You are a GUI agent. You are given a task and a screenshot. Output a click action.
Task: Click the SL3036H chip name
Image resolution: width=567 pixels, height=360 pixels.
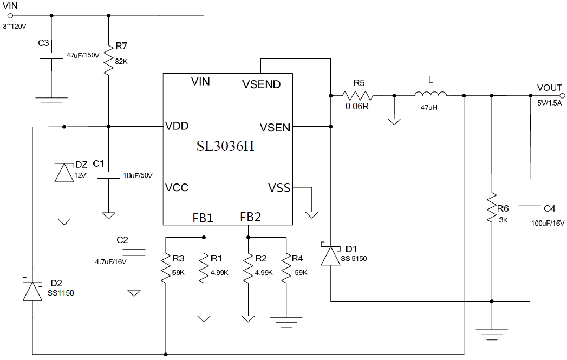[225, 146]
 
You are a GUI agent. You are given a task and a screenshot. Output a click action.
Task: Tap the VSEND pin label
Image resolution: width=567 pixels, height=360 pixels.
[262, 84]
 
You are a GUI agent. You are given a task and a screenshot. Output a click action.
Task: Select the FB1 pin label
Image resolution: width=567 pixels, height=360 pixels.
[203, 218]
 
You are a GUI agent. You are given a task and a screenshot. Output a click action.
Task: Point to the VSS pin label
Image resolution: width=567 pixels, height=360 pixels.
[279, 188]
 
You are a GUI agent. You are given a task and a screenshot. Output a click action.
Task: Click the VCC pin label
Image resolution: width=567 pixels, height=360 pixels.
[177, 187]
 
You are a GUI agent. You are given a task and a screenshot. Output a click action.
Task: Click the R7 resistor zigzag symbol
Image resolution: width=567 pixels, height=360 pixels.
[108, 60]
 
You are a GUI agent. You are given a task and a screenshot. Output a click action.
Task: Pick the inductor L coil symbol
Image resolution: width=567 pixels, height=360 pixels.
[431, 94]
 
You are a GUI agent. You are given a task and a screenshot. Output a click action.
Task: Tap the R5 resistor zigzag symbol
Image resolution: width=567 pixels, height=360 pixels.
[357, 95]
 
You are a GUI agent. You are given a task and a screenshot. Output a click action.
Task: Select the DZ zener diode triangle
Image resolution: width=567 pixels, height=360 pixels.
[64, 172]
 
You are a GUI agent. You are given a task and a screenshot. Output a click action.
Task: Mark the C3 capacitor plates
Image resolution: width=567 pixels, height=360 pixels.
[51, 55]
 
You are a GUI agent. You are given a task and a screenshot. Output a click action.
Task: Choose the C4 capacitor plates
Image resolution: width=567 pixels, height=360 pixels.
[530, 208]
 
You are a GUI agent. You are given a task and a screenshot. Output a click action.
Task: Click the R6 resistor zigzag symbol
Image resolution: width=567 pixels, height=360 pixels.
[491, 208]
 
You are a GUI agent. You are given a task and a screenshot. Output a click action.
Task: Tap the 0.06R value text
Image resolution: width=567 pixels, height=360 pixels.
[357, 107]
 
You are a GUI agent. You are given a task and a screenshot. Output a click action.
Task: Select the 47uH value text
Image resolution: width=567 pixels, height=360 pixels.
[429, 107]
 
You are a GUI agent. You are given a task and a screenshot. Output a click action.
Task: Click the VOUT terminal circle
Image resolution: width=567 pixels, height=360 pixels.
[562, 96]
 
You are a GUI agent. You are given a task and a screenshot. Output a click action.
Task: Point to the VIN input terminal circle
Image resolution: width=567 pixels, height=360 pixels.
[10, 16]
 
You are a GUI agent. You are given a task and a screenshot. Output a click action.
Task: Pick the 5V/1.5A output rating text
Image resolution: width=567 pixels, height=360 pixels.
[549, 103]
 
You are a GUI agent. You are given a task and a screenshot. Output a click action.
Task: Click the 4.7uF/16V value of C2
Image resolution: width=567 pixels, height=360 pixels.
[110, 261]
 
